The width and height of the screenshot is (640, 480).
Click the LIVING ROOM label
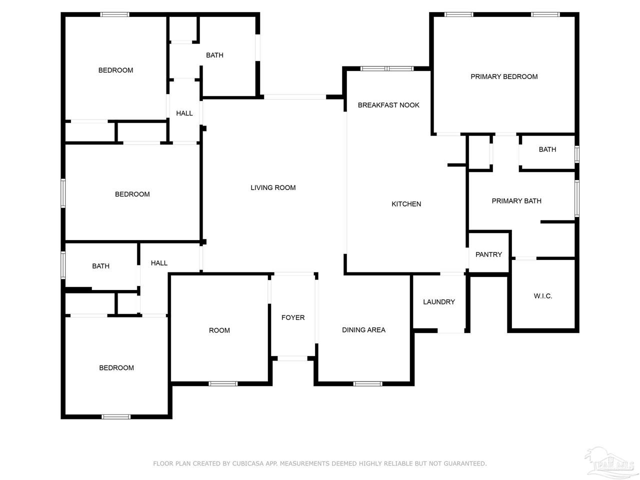pos(273,187)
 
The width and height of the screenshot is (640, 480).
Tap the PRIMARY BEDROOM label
pos(504,76)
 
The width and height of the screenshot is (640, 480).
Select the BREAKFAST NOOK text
pos(388,105)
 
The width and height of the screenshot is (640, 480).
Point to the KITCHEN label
pos(406,204)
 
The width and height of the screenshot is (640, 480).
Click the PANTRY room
pos(488,254)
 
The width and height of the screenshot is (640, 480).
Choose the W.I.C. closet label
pos(543,296)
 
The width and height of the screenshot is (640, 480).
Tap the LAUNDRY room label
pos(439,302)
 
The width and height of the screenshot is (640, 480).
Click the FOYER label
pos(292,317)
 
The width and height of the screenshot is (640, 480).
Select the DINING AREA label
pos(363,330)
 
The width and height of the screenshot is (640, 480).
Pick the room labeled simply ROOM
pos(219,330)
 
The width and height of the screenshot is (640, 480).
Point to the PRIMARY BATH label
pos(516,201)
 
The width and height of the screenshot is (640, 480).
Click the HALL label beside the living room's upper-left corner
pos(184,113)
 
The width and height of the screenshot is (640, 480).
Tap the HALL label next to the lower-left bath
pos(159,263)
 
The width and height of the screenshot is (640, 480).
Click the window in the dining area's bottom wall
pos(367,383)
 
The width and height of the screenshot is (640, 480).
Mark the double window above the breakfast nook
pos(386,69)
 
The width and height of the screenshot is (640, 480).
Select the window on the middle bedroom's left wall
pos(63,193)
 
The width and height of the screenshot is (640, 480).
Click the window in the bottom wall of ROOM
pos(223,383)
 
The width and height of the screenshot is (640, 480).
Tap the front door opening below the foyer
pos(292,358)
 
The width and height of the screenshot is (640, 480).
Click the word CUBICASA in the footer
pos(248,463)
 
